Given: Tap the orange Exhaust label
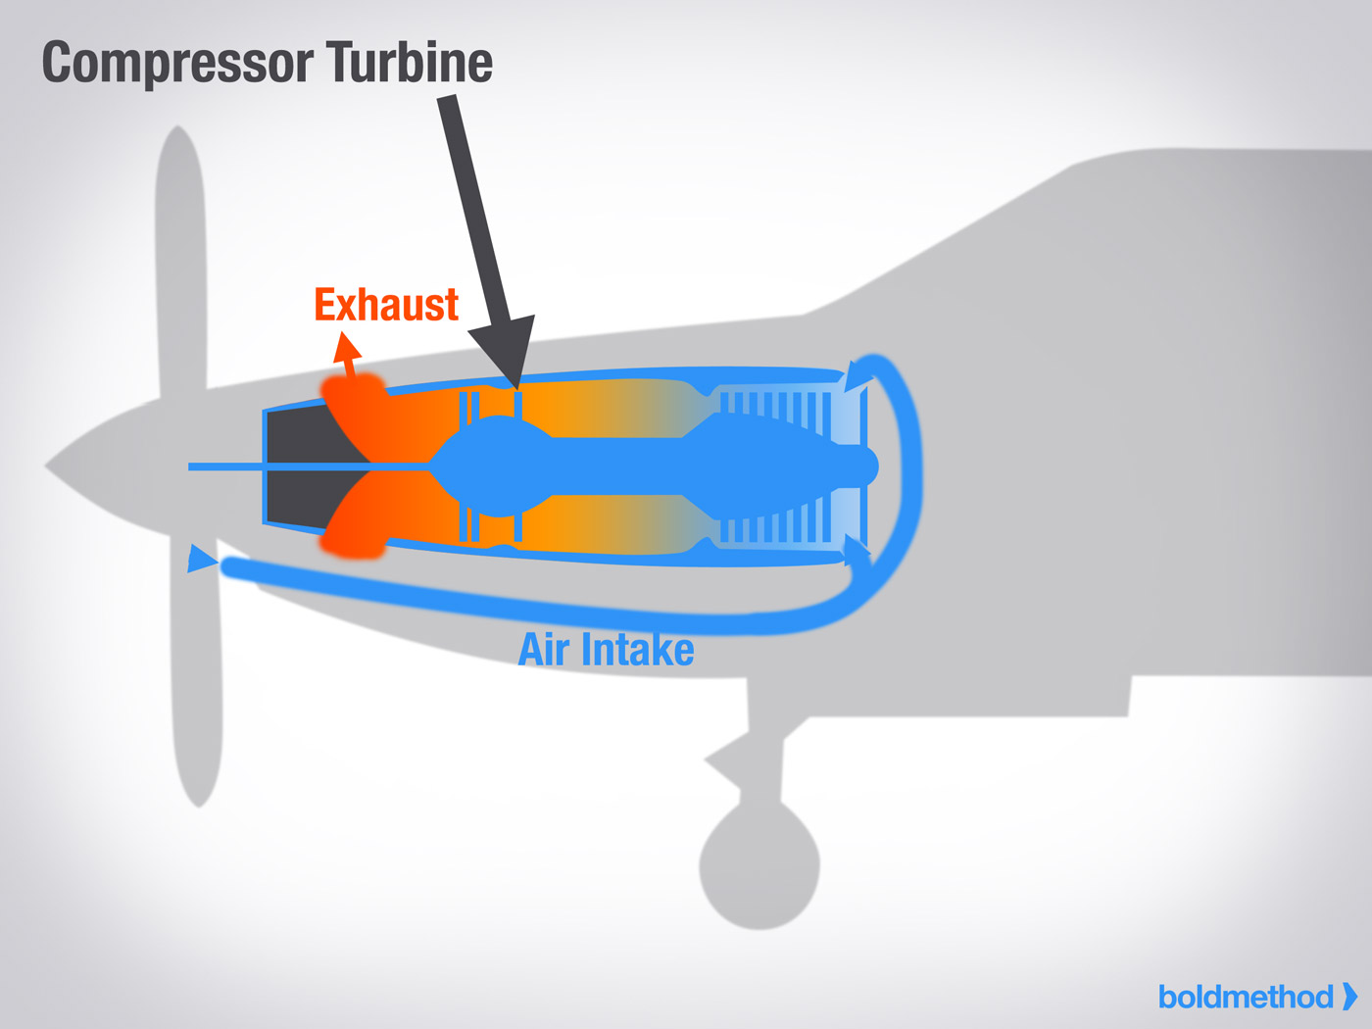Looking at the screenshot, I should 386,305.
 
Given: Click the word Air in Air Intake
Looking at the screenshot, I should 544,649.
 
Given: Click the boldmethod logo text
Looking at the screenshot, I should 1245,997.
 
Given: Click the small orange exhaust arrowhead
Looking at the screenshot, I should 346,347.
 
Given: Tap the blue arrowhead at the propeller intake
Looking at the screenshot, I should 201,559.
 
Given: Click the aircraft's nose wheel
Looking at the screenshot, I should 759,866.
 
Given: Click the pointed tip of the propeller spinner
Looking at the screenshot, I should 49,465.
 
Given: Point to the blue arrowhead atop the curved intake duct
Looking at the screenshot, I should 857,376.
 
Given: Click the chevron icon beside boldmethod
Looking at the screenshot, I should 1349,996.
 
